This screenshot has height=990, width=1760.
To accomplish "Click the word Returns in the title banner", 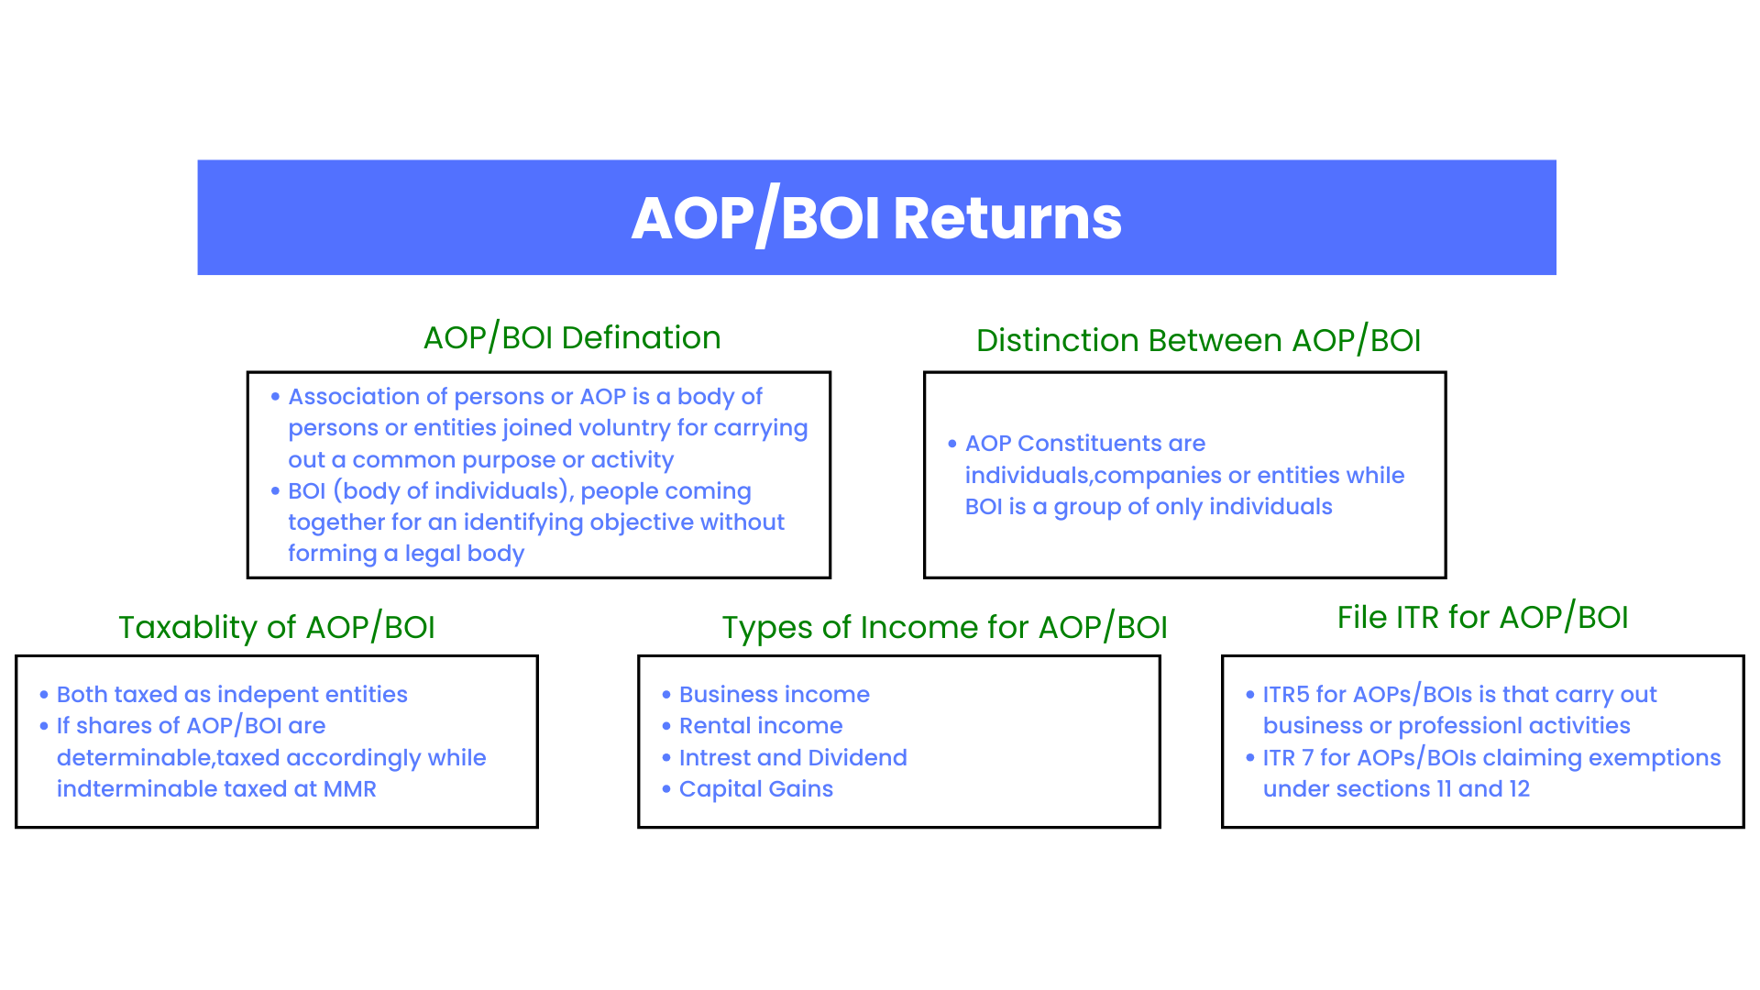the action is (x=1007, y=218).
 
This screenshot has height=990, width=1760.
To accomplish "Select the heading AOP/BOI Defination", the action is (x=572, y=338).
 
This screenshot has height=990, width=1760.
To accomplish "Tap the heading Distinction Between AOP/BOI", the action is (x=1198, y=341).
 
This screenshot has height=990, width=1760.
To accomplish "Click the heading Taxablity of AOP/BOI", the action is (x=277, y=628).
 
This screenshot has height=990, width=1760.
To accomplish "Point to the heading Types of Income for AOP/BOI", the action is (x=944, y=628).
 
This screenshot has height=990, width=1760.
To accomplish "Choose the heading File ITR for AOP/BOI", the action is (x=1482, y=618).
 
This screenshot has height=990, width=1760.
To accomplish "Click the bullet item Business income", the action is (x=775, y=695).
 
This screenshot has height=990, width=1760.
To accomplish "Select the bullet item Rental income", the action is (x=761, y=726).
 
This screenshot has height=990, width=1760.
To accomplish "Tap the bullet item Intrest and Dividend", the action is (x=793, y=758).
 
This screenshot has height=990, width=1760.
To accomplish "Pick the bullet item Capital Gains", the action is (x=756, y=789).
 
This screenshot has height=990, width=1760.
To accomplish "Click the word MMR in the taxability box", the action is (x=350, y=789).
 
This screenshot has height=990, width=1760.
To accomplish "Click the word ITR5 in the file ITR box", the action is (x=1286, y=695).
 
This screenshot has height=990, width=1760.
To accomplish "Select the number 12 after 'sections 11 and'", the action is (x=1519, y=789).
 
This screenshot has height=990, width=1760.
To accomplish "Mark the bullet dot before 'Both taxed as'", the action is (x=44, y=696).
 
